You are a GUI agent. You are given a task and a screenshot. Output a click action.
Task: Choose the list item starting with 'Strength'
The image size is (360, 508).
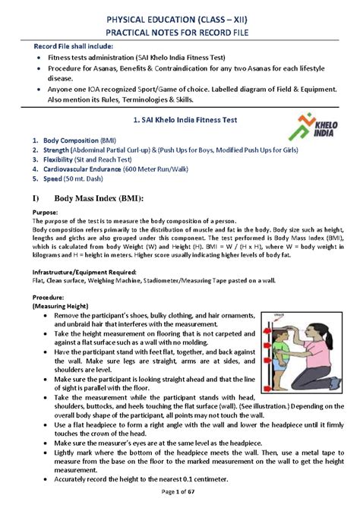click(137, 150)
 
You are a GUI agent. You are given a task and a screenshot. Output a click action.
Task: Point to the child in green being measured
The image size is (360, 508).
click(282, 357)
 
